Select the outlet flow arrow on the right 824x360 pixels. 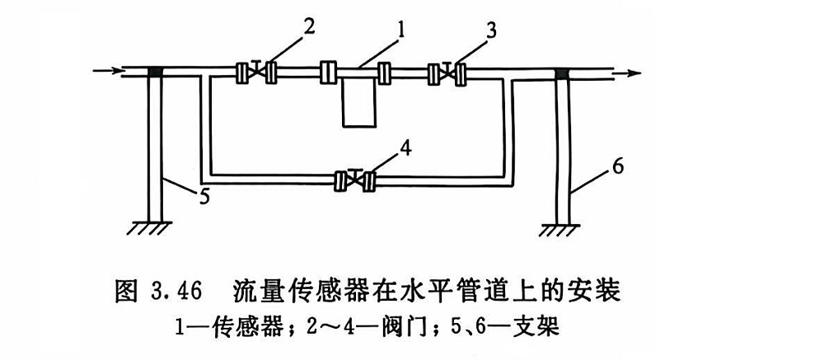click(626, 72)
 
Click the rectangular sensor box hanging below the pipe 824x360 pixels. click(361, 102)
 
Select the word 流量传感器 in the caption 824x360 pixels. click(293, 292)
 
